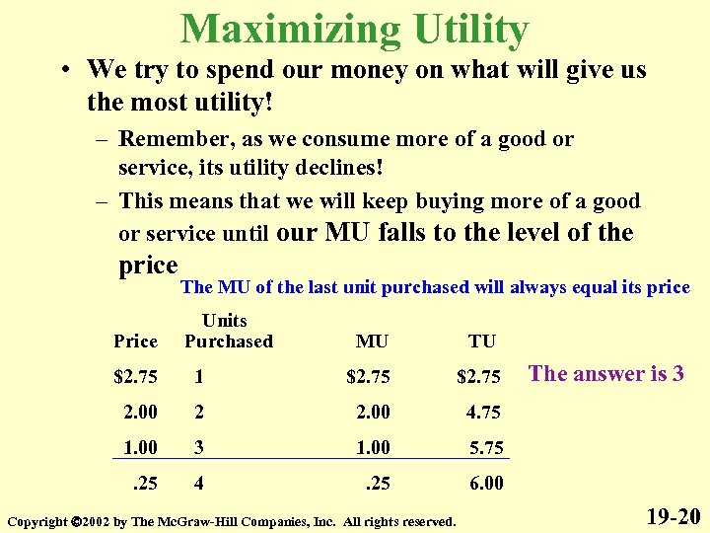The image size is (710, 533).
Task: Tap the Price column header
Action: point(135,342)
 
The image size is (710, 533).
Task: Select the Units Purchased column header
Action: point(228,331)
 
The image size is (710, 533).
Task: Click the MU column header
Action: point(372,342)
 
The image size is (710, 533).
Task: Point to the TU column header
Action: point(482,342)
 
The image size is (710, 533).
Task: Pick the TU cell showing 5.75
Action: point(485,447)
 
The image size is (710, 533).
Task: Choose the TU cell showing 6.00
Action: point(485,483)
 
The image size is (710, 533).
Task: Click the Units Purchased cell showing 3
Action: point(200,447)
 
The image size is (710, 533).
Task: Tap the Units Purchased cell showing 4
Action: point(200,483)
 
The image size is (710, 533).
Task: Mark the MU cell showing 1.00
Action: point(374,447)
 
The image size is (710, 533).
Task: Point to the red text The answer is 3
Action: point(605,373)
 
